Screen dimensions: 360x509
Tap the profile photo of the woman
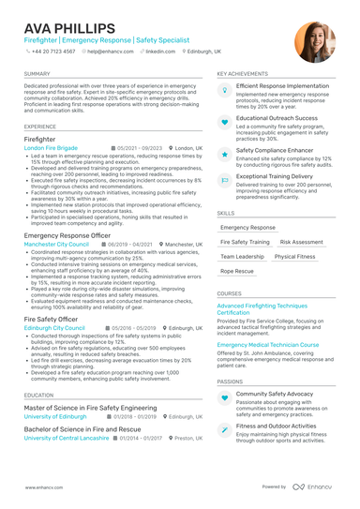[314, 40]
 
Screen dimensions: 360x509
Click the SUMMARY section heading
[37, 73]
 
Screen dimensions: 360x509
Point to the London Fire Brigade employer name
[52, 148]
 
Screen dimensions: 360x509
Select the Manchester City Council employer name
[56, 243]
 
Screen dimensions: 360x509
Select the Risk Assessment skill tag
[301, 242]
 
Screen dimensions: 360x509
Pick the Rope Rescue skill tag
[237, 271]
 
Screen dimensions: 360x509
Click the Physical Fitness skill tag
[295, 256]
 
